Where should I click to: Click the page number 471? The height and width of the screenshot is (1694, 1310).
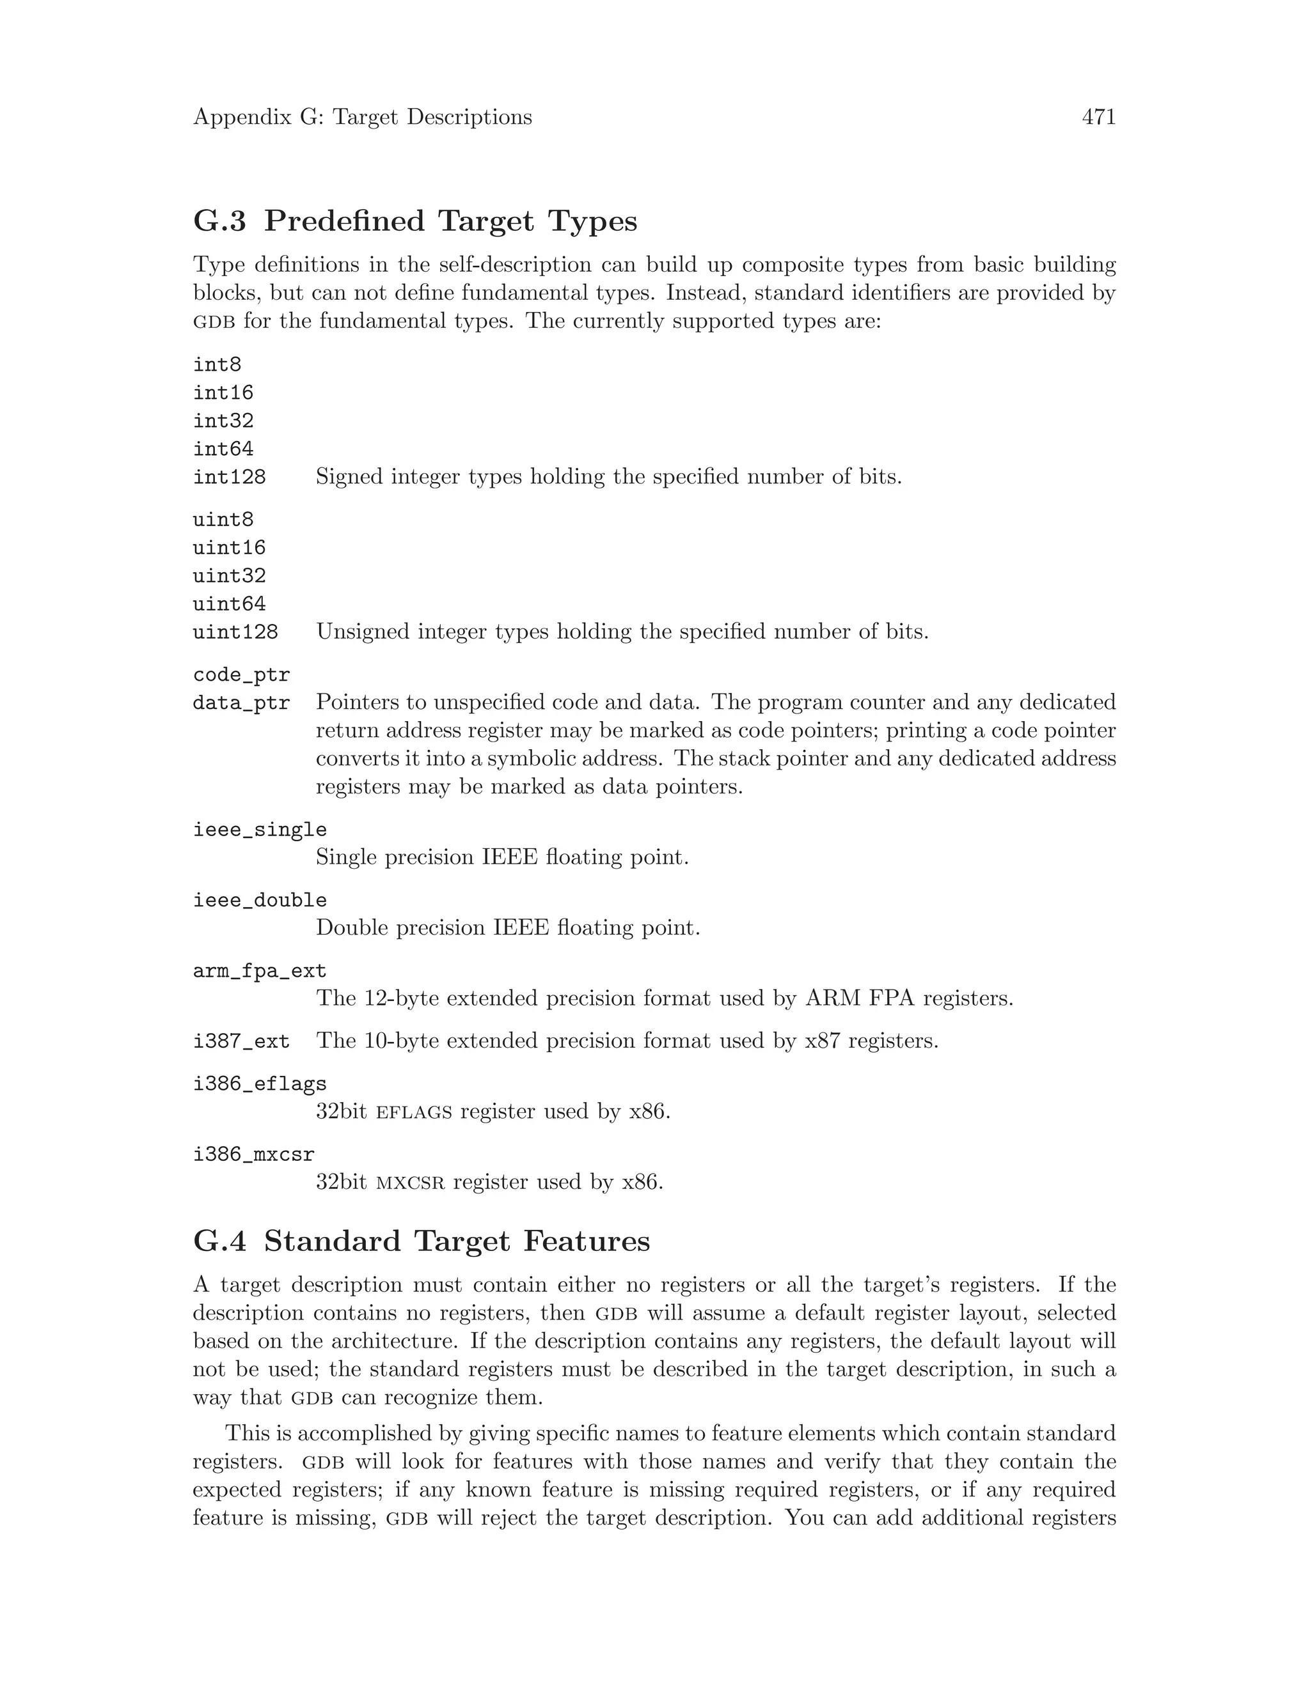pyautogui.click(x=1098, y=117)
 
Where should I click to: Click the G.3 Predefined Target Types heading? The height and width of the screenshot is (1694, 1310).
pyautogui.click(x=414, y=221)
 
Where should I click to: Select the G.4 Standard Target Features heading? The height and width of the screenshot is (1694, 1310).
pyautogui.click(x=421, y=1241)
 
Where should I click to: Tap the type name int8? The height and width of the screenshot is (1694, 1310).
pyautogui.click(x=217, y=364)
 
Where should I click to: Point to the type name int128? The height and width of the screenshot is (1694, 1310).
pyautogui.click(x=229, y=477)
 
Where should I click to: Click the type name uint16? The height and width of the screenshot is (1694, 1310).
pyautogui.click(x=229, y=548)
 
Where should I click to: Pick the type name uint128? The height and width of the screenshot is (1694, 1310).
pyautogui.click(x=235, y=632)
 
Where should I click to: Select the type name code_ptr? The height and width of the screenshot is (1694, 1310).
pyautogui.click(x=241, y=675)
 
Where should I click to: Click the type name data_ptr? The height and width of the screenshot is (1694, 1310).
pyautogui.click(x=241, y=703)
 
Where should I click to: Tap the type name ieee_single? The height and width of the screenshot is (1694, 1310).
pyautogui.click(x=259, y=829)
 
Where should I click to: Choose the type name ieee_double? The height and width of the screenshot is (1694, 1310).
pyautogui.click(x=259, y=900)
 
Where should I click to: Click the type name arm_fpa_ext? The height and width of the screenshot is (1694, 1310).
pyautogui.click(x=259, y=970)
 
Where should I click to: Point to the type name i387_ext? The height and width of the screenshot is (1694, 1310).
pyautogui.click(x=241, y=1041)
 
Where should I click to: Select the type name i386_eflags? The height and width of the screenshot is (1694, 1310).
pyautogui.click(x=259, y=1084)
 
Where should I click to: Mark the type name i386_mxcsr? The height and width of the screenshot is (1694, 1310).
pyautogui.click(x=253, y=1154)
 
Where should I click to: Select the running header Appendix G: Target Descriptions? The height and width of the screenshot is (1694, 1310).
pyautogui.click(x=363, y=117)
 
